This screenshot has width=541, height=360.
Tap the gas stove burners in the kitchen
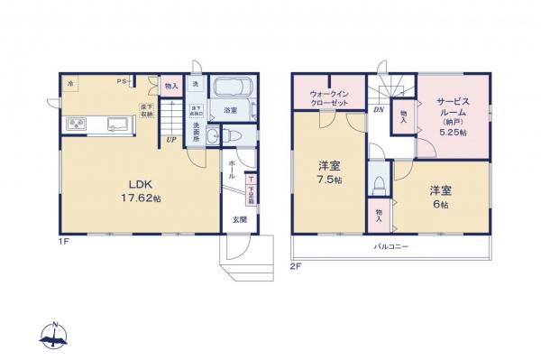pos(73,124)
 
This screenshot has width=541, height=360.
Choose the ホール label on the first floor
pos(233,168)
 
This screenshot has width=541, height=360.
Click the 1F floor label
pos(65,242)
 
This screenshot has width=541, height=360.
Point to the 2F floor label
pos(296,267)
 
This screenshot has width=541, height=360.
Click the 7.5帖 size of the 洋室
pos(329,180)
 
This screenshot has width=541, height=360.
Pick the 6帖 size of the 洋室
pos(439,203)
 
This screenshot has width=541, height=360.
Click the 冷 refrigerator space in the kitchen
pos(70,83)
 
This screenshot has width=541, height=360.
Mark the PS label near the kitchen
pos(120,82)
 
